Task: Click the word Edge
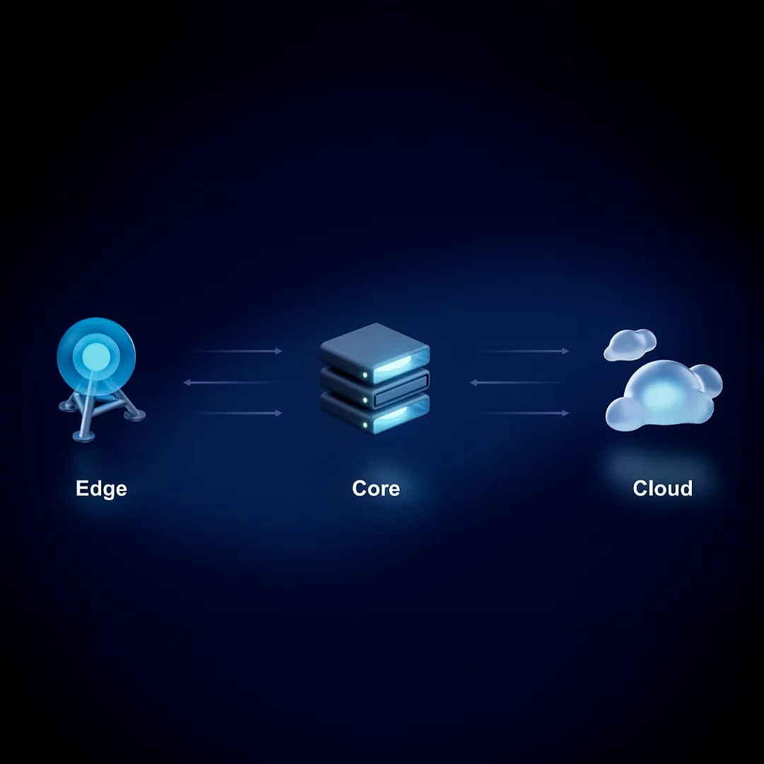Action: (x=101, y=489)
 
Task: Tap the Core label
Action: (x=376, y=489)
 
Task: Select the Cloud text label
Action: (x=662, y=489)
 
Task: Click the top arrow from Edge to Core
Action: (x=237, y=351)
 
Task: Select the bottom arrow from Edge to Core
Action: (x=237, y=413)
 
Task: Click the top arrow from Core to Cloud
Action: (x=524, y=351)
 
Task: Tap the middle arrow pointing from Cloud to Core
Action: (x=517, y=383)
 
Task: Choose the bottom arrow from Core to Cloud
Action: (x=524, y=413)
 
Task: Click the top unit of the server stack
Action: (x=375, y=347)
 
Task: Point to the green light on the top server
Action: (x=364, y=374)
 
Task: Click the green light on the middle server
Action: (x=364, y=400)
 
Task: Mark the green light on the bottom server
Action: (x=364, y=425)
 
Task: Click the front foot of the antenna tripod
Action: (x=81, y=435)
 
